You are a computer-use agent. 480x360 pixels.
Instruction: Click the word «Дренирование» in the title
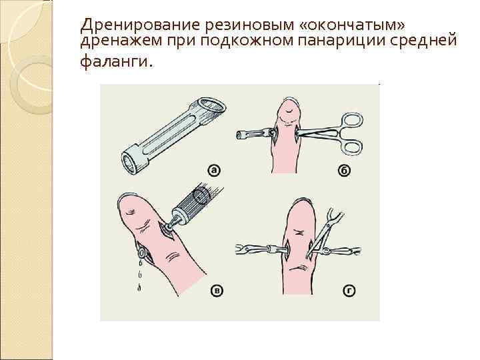click(x=127, y=25)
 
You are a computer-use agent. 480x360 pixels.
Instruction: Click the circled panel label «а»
click(x=213, y=170)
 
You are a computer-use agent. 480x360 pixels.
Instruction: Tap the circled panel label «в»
click(x=217, y=291)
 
